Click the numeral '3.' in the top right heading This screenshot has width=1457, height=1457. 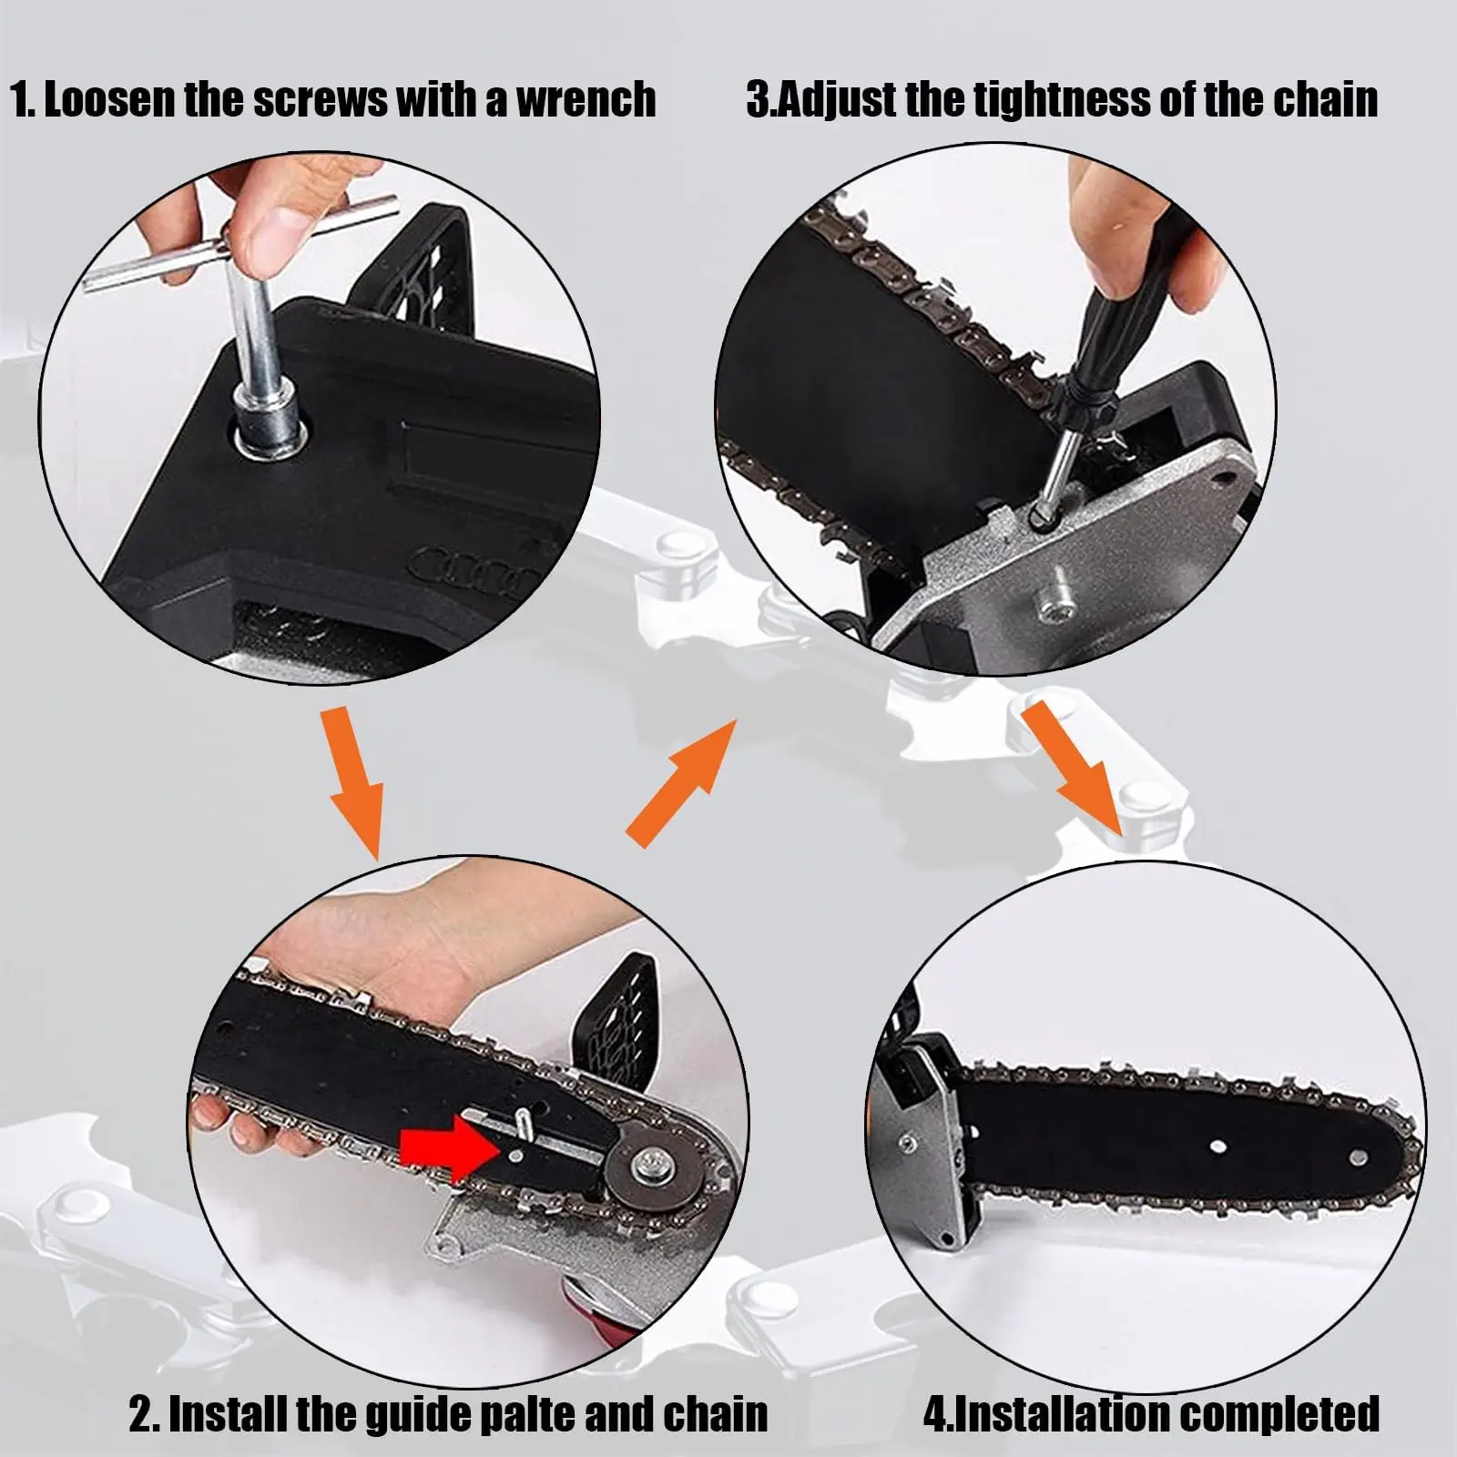coord(759,99)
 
